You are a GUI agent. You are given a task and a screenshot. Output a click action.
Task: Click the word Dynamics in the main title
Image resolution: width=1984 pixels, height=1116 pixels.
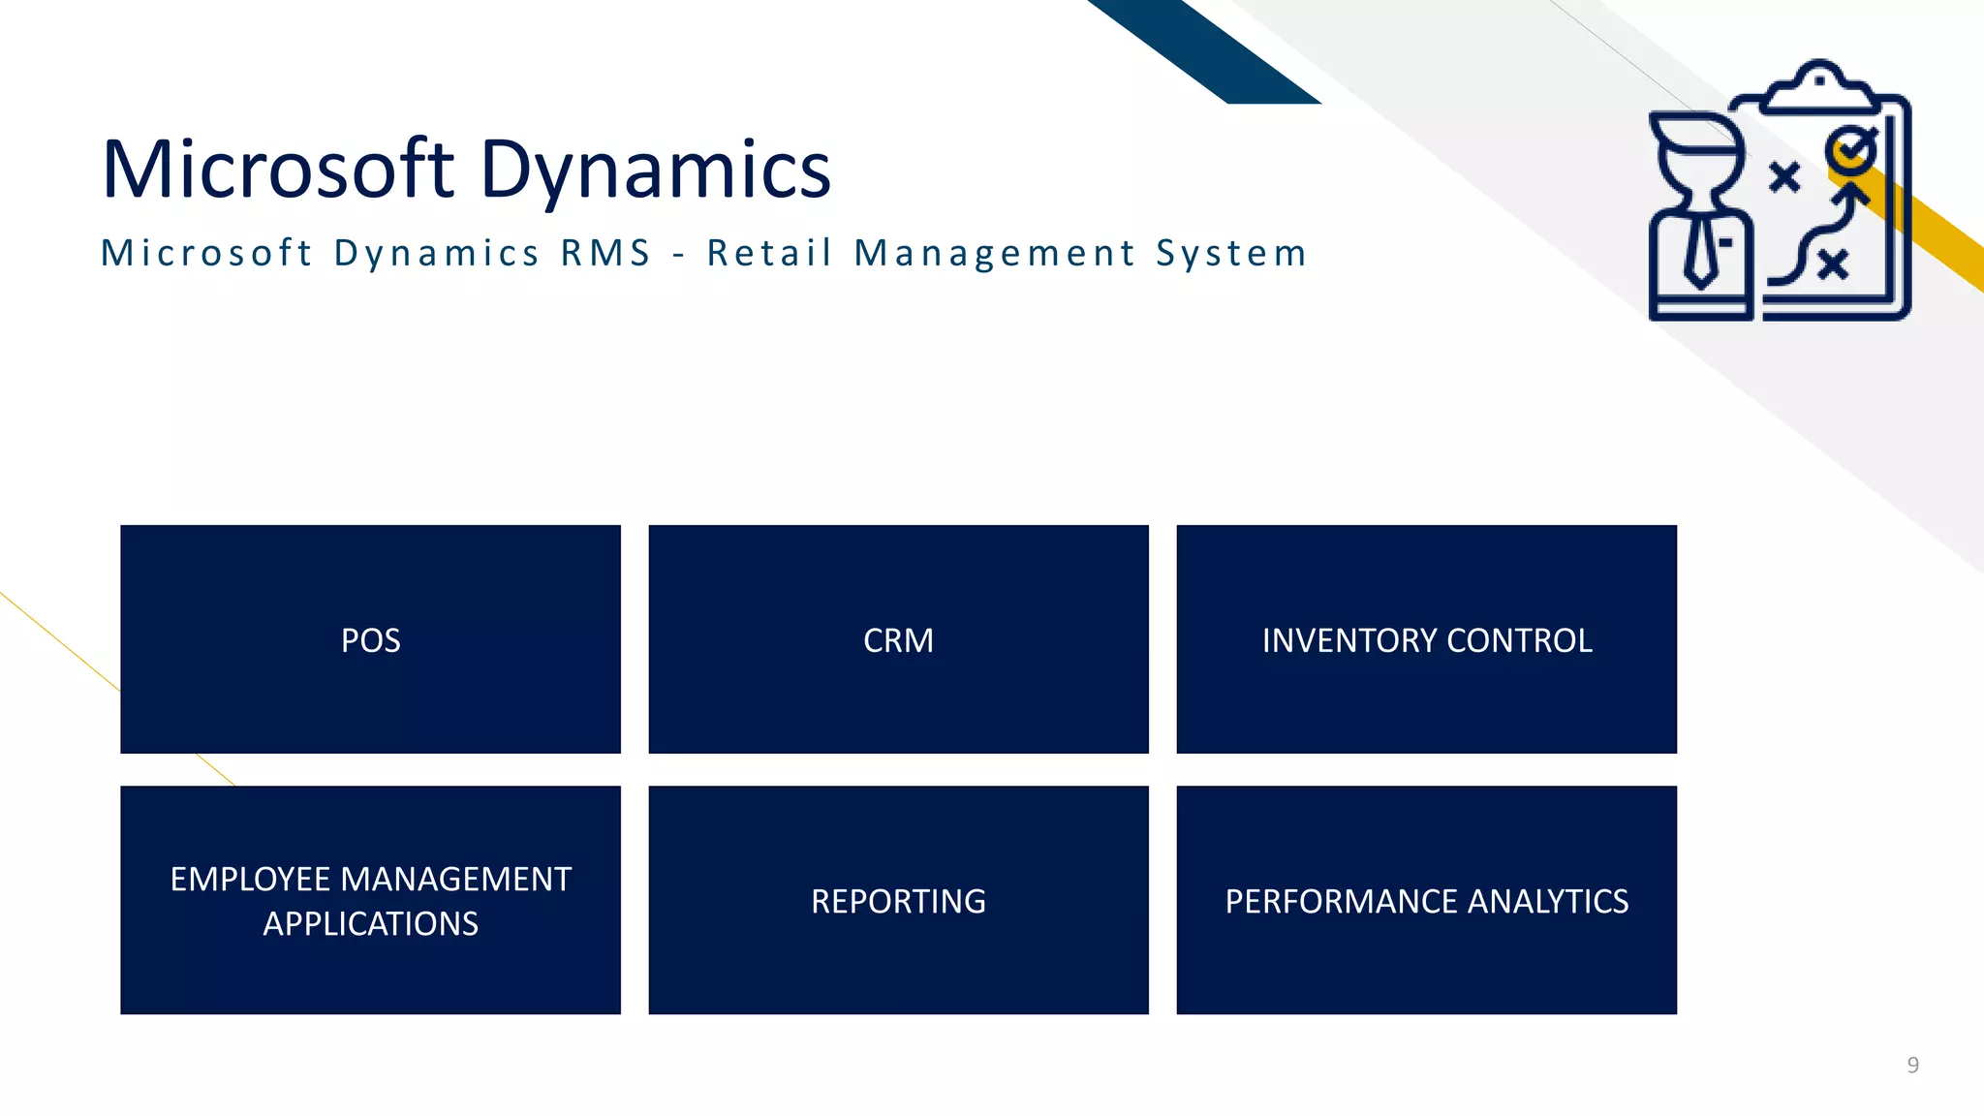tap(655, 170)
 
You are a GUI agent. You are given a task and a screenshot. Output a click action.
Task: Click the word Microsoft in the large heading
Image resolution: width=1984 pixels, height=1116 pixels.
tap(278, 170)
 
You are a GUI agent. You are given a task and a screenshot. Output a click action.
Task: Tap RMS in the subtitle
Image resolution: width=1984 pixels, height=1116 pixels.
tap(606, 254)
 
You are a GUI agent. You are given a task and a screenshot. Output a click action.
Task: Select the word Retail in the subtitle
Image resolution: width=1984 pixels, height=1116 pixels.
tap(769, 254)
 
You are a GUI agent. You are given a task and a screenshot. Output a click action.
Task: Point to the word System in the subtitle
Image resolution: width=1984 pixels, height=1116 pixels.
tap(1231, 254)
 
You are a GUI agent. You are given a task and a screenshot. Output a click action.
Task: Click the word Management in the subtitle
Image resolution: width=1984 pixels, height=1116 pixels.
tap(995, 254)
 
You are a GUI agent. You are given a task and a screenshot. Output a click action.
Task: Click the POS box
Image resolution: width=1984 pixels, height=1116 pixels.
tap(370, 640)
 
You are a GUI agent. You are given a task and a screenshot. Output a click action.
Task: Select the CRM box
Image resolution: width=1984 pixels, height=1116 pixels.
tap(898, 640)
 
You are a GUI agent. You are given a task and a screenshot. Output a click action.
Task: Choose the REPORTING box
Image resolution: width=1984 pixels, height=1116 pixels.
tap(898, 901)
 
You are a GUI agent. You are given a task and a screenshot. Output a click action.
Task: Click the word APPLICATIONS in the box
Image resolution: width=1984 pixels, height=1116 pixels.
tap(370, 924)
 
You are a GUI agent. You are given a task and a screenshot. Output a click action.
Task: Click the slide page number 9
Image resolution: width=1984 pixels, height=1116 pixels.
tap(1912, 1066)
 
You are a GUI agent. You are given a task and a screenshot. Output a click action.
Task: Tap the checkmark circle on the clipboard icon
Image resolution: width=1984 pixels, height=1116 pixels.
tap(1851, 150)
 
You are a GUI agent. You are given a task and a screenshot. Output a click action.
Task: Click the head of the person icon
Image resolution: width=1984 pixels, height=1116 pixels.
tap(1698, 155)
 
